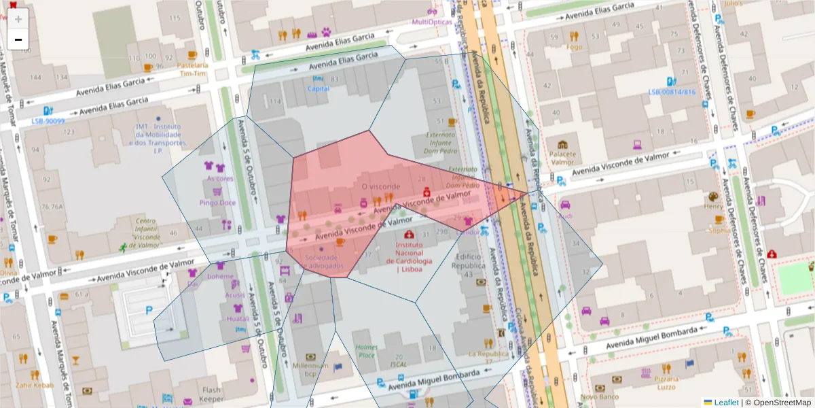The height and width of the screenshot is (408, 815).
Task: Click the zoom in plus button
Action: [18, 18]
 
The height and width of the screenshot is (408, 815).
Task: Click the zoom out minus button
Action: [18, 39]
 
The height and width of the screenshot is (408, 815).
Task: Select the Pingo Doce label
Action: [217, 203]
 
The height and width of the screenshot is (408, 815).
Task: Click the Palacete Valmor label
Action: [562, 158]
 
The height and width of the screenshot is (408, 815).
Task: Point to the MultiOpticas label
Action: [432, 22]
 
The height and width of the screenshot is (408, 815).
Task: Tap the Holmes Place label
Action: [366, 351]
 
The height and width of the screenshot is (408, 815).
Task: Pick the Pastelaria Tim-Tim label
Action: [192, 69]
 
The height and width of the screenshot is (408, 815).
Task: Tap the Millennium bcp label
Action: [310, 369]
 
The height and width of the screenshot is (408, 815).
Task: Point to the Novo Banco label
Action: [598, 396]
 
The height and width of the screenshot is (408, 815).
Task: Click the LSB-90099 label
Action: [48, 121]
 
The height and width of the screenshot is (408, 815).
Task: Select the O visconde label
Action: [381, 186]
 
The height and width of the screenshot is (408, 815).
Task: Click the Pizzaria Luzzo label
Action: [667, 382]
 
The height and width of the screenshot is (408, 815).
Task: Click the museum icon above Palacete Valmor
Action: [562, 145]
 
